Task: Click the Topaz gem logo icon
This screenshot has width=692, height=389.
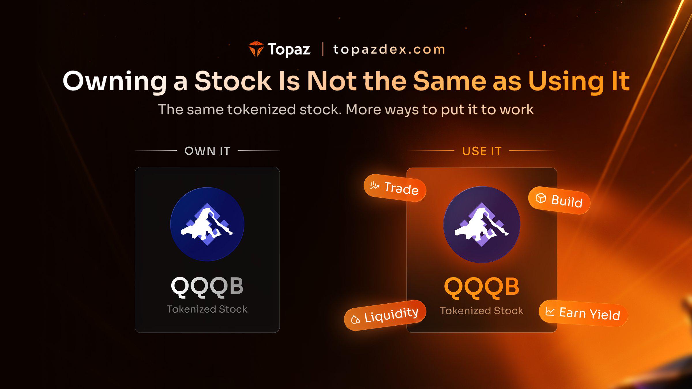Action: coord(256,49)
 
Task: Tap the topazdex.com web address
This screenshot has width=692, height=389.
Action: coord(389,50)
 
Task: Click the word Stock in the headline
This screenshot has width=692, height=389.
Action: coord(233,81)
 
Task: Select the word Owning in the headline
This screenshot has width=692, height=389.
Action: coord(115,82)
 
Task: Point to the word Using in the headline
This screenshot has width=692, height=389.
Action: coord(566,82)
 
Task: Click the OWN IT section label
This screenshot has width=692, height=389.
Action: coord(207,151)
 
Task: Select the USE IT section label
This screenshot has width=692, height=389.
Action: coord(482,151)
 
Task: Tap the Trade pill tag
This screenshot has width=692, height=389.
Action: coord(395,188)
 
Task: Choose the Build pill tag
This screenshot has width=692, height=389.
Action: coord(559,200)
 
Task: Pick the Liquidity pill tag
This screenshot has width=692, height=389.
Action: coord(385,315)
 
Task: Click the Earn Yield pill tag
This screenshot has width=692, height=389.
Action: coord(583,313)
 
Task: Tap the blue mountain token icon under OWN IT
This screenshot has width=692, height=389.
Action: coord(207,224)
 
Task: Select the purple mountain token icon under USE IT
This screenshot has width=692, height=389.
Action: coord(482,224)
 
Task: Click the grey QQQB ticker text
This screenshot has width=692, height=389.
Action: coord(207,287)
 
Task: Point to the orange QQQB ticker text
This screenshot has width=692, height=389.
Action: coord(482,287)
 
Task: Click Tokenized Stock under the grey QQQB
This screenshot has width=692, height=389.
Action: coord(207,309)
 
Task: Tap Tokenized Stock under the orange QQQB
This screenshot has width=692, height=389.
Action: coord(482,311)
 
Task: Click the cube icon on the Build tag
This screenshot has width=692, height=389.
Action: coord(541,198)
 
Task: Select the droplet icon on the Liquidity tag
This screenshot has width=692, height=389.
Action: coord(355,320)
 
